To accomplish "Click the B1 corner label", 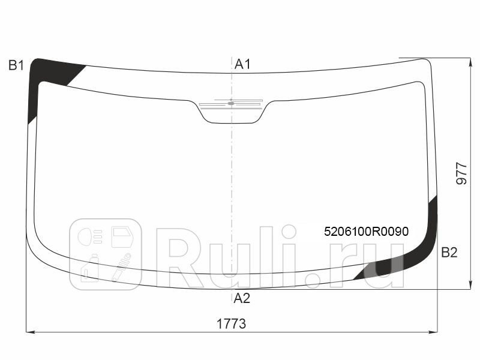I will pyautogui.click(x=16, y=65).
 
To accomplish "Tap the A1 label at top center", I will pyautogui.click(x=242, y=64).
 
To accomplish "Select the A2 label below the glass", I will pyautogui.click(x=242, y=298).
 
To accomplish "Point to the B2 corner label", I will pyautogui.click(x=449, y=253).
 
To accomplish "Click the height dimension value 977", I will pyautogui.click(x=461, y=173).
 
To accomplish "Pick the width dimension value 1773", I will pyautogui.click(x=231, y=323).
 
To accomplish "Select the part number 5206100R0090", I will pyautogui.click(x=366, y=232).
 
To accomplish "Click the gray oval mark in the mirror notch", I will pyautogui.click(x=231, y=103).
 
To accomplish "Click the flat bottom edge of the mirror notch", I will pyautogui.click(x=231, y=123).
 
